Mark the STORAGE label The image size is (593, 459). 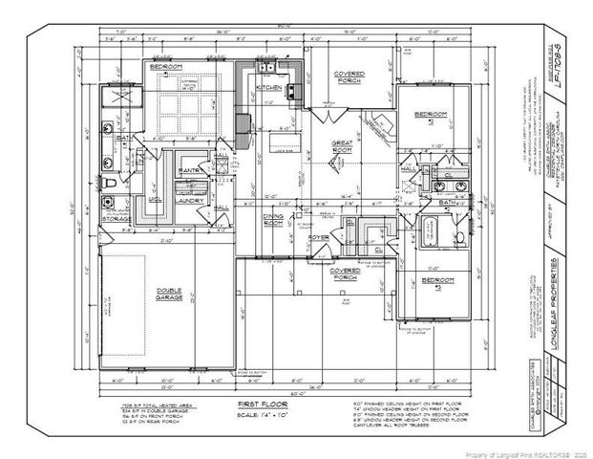click(116, 218)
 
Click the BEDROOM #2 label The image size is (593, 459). click(426, 117)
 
